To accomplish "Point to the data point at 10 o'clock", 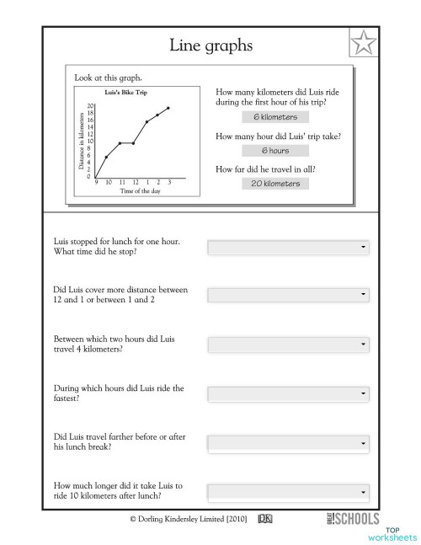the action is (x=106, y=157).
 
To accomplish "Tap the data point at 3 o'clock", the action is (x=169, y=108).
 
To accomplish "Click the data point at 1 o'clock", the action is (x=147, y=121).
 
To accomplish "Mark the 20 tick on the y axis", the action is (x=90, y=105).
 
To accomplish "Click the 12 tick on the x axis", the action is (x=135, y=183).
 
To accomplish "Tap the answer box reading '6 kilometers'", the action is (x=274, y=117).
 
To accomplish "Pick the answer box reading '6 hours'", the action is (x=274, y=151).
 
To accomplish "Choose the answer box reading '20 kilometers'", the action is (x=274, y=183).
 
